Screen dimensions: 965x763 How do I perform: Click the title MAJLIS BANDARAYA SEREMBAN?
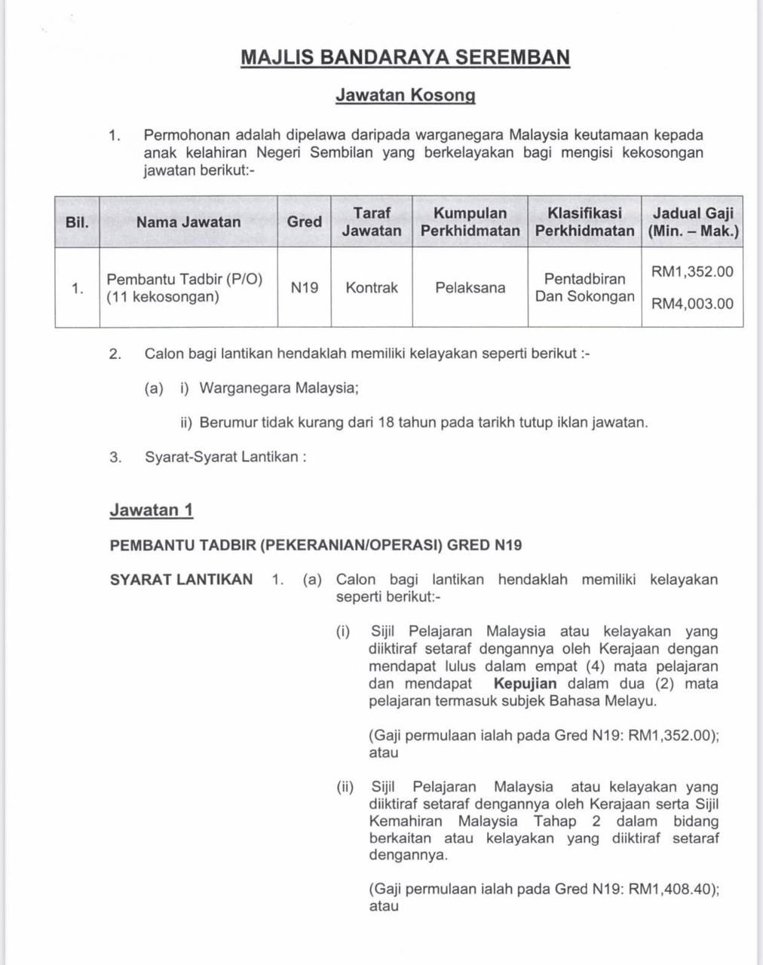click(x=405, y=57)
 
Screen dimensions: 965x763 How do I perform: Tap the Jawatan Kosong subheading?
click(x=405, y=95)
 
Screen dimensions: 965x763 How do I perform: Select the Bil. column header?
click(x=77, y=222)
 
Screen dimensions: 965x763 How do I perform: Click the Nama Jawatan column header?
click(x=188, y=222)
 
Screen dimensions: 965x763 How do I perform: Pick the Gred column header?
click(x=304, y=222)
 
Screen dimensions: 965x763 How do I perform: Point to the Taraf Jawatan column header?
click(x=372, y=222)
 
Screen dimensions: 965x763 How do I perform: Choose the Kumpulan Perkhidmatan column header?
click(x=470, y=222)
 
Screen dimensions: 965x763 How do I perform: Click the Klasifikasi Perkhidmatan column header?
click(x=584, y=222)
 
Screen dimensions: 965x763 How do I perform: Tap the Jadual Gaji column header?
click(x=692, y=222)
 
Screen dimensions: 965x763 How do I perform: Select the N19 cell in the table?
click(x=304, y=287)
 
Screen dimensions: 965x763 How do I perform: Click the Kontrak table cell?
click(x=372, y=287)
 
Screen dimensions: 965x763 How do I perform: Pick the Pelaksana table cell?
click(x=470, y=287)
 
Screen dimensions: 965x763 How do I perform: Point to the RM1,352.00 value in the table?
click(x=692, y=271)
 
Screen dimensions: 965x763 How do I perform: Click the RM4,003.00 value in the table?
click(x=692, y=304)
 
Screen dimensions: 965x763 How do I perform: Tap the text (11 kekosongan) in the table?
click(x=163, y=297)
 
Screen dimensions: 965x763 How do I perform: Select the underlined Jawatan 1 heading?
click(x=152, y=510)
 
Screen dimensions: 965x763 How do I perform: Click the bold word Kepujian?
click(x=525, y=684)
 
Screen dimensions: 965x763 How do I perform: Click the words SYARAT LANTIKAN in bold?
click(x=181, y=580)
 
